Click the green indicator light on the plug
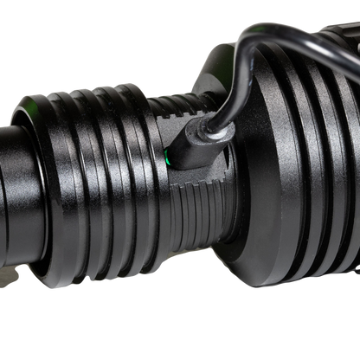tap(166, 157)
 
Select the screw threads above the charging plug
tap(177, 108)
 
